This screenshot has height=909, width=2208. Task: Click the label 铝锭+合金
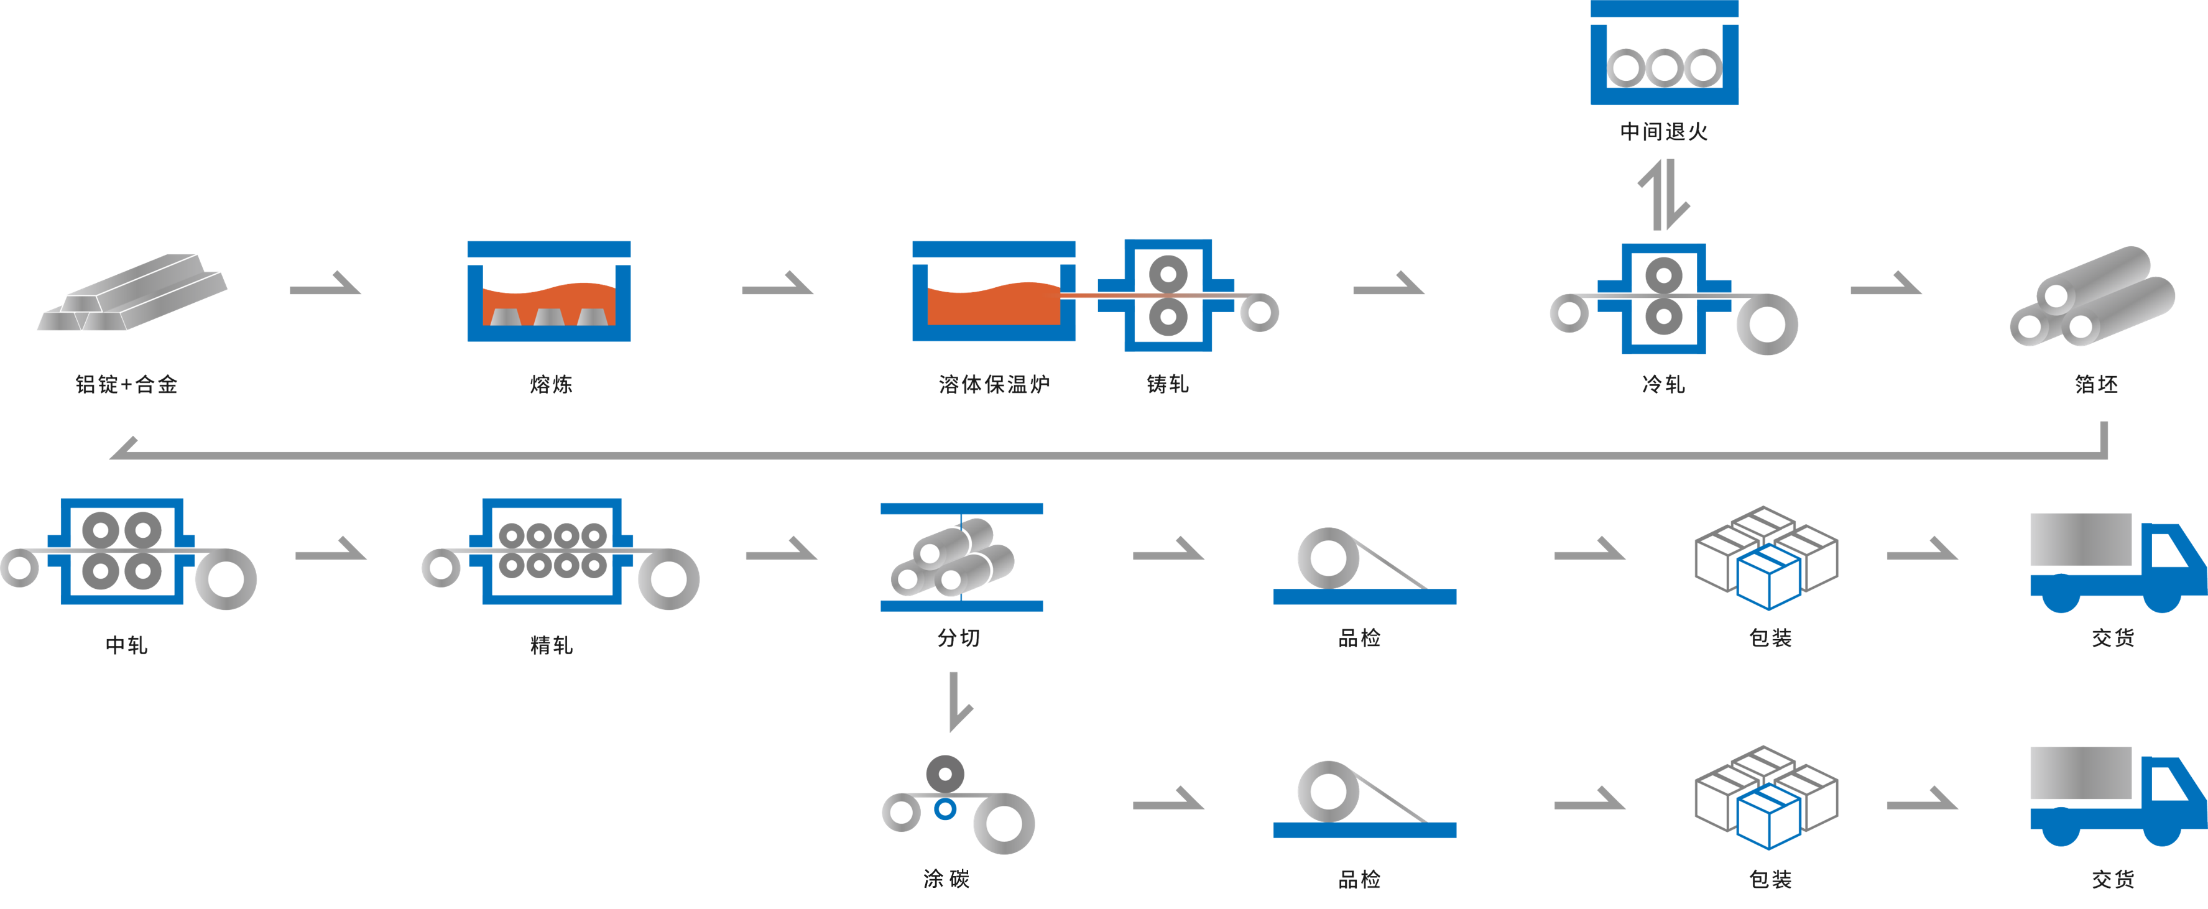pos(127,385)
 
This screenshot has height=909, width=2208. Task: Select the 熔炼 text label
pos(550,385)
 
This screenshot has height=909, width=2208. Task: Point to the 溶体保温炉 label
pos(994,385)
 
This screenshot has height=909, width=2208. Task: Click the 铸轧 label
pos(1168,385)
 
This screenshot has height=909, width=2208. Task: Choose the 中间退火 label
pos(1664,131)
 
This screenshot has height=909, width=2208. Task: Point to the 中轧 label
pos(127,644)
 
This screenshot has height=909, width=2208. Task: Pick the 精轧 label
pos(550,644)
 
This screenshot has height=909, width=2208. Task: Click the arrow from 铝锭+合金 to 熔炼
pos(326,285)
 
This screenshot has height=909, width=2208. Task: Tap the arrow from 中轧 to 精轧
pos(331,550)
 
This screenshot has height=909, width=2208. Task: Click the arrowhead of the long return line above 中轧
pos(124,449)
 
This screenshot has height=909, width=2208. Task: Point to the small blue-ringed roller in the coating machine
pos(945,809)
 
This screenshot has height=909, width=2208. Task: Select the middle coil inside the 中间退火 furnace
pos(1664,67)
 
